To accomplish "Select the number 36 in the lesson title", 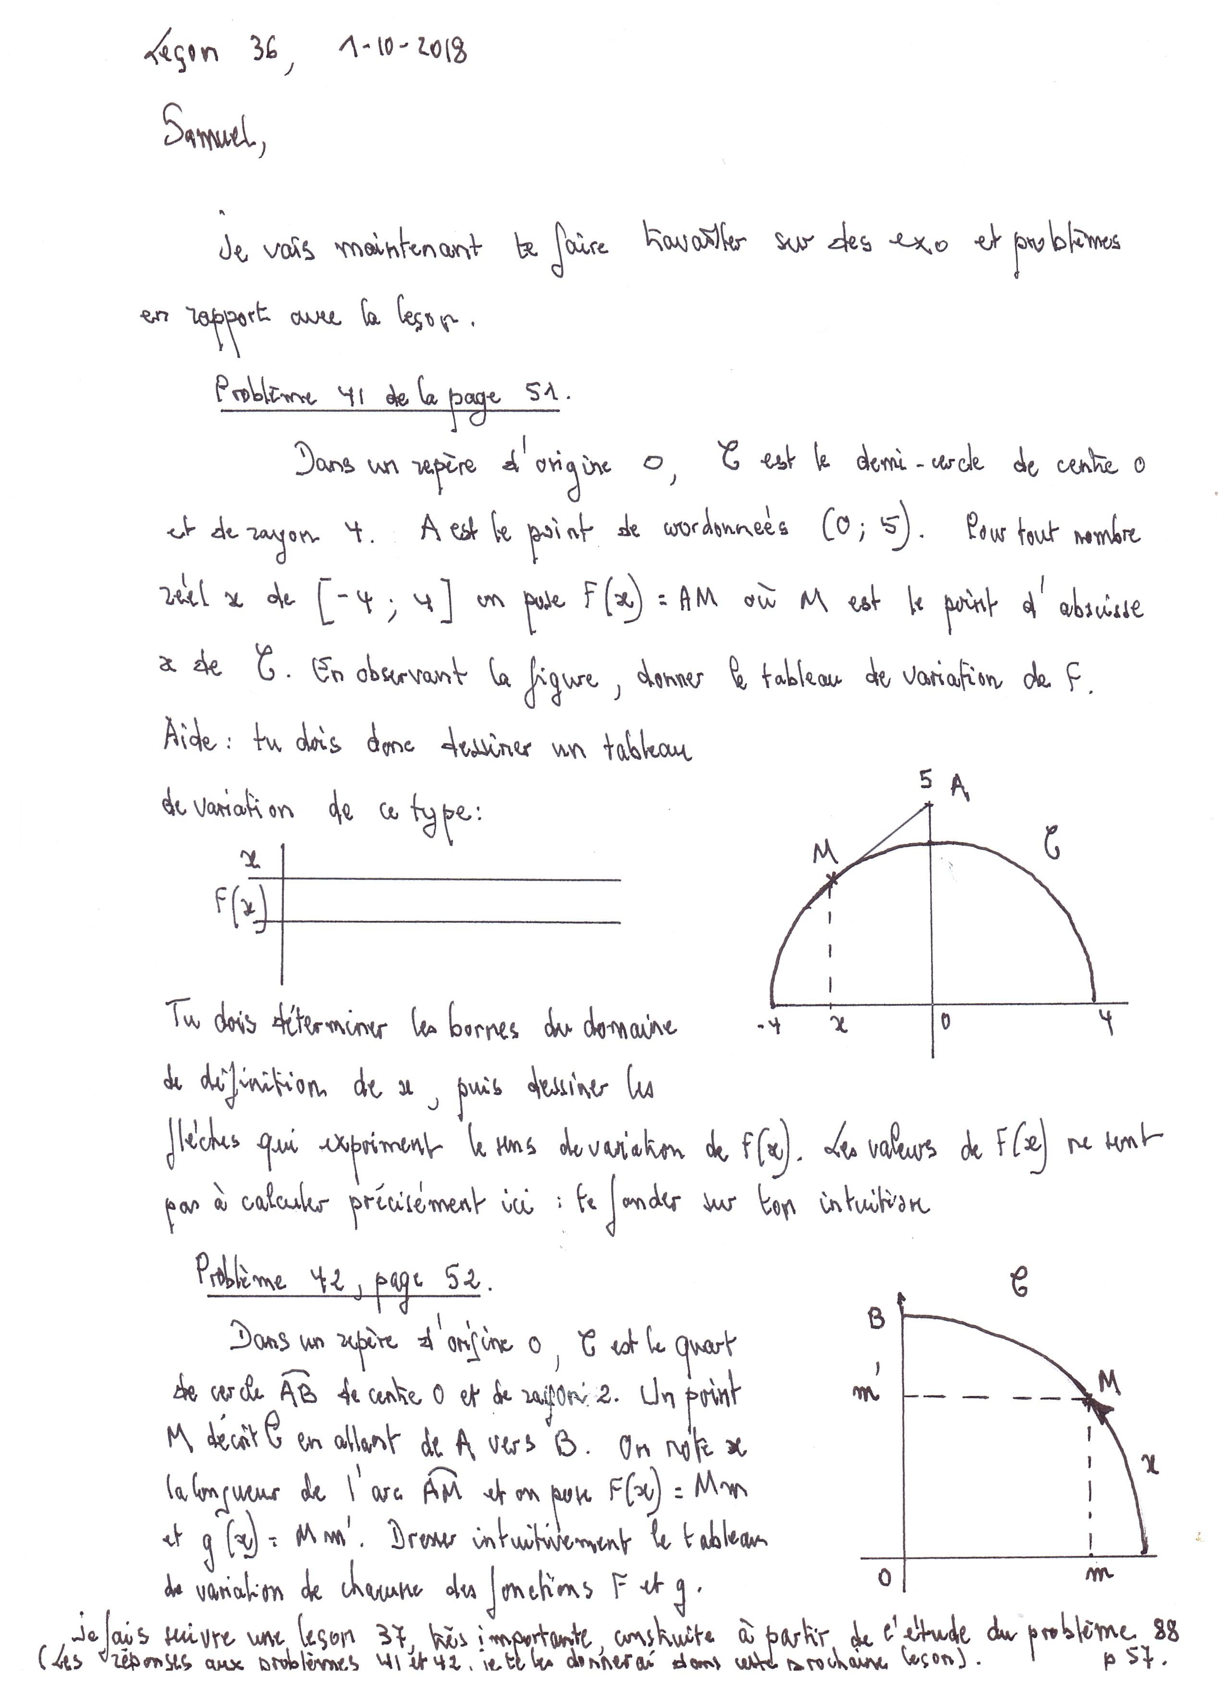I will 262,53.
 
